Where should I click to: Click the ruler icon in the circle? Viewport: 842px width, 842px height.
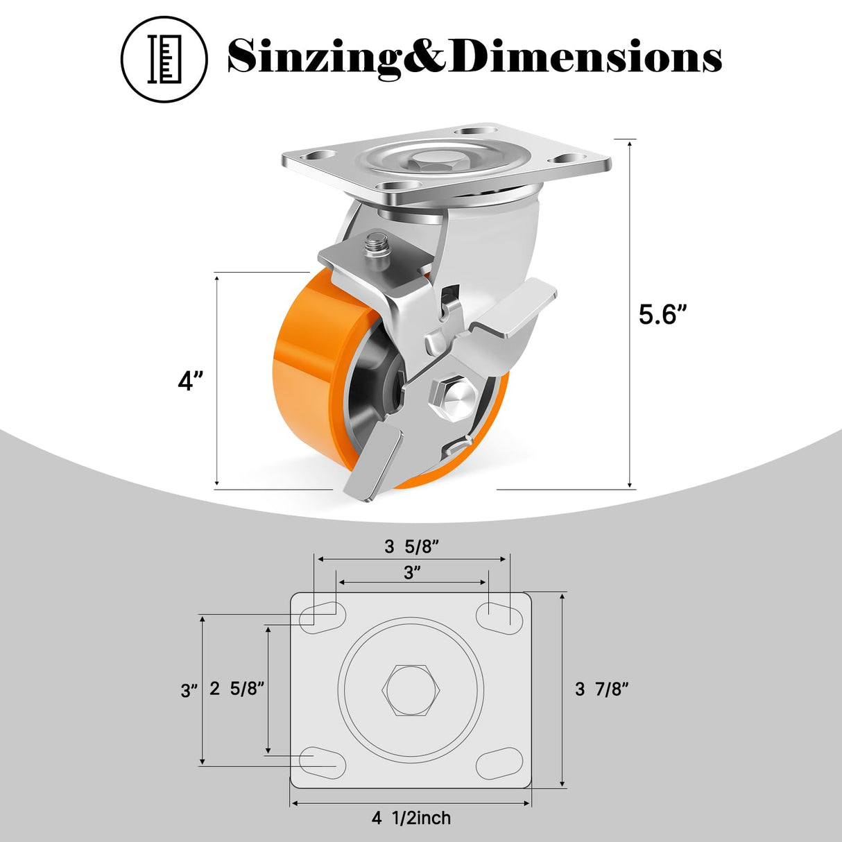pyautogui.click(x=164, y=59)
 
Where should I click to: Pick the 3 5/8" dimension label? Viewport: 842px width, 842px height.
pyautogui.click(x=412, y=547)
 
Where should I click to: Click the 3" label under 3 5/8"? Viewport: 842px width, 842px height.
pyautogui.click(x=412, y=572)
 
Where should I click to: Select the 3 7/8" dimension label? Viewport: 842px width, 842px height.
pyautogui.click(x=601, y=689)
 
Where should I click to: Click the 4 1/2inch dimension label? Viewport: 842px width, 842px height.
pyautogui.click(x=411, y=818)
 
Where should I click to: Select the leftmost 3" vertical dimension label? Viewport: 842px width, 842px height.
pyautogui.click(x=188, y=691)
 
